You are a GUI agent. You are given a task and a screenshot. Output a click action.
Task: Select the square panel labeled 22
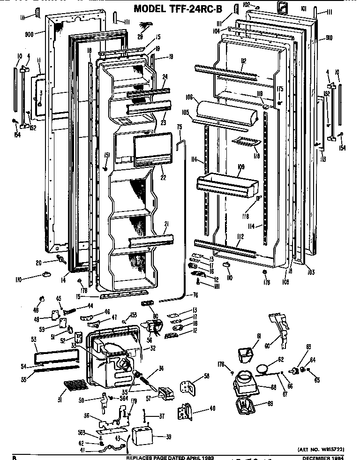pyautogui.click(x=149, y=150)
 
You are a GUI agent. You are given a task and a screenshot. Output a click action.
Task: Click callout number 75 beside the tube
pyautogui.click(x=179, y=127)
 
